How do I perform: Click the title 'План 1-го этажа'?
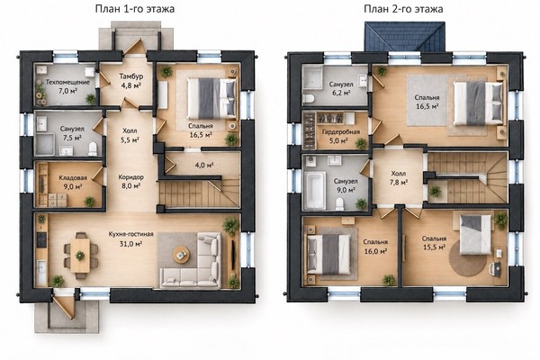[x=135, y=9]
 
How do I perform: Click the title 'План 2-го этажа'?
[x=403, y=9]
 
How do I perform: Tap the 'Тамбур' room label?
[x=131, y=76]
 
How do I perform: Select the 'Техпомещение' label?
[x=67, y=82]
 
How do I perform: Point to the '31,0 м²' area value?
[x=130, y=244]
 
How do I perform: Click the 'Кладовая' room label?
[x=73, y=178]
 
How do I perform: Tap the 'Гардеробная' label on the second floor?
[x=341, y=132]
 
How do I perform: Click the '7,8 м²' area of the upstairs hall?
[x=398, y=182]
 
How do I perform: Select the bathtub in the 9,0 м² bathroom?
[x=315, y=190]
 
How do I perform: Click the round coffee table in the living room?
[x=181, y=255]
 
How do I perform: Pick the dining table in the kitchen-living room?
[x=80, y=256]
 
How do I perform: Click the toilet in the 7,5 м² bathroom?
[x=93, y=148]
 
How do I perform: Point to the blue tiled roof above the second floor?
[x=405, y=37]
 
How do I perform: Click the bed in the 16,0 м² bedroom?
[x=328, y=254]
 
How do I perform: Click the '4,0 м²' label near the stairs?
[x=204, y=166]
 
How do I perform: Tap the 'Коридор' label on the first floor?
[x=130, y=177]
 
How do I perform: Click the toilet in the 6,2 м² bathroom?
[x=309, y=99]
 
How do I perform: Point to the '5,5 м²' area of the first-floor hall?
[x=130, y=139]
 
